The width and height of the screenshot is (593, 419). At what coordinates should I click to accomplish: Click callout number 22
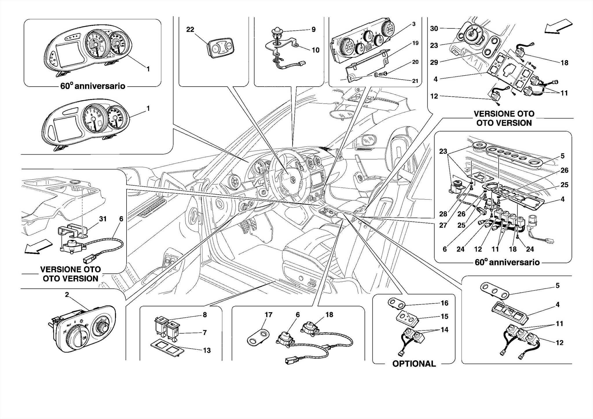coord(190,30)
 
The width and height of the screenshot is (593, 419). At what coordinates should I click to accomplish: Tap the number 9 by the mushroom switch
coord(314,30)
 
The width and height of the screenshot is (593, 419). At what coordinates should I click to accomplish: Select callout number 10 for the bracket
coord(315,50)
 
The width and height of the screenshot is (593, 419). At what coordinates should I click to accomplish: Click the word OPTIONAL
coord(414,364)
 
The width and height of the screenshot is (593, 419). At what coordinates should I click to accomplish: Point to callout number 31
coord(103,219)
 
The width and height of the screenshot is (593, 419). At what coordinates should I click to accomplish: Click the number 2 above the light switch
coord(67,295)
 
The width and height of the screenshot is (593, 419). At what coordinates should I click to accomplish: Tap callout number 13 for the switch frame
coord(207,350)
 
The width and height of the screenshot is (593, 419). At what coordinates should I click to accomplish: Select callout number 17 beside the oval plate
coord(268,315)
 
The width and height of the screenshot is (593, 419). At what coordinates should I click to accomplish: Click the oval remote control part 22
coord(220,48)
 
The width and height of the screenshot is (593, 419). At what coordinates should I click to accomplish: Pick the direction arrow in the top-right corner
coord(558,27)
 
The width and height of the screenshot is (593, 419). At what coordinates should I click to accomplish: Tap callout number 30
coord(434,28)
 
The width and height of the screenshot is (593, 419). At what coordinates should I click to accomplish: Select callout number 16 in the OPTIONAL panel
coord(444,303)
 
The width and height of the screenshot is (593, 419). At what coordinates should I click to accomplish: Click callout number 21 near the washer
coord(415,81)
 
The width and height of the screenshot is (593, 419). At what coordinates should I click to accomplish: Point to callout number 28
coord(443,214)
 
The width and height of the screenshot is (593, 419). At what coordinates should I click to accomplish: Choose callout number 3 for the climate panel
coord(414,24)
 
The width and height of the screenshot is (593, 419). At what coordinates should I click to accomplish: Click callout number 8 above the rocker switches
coord(205,315)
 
